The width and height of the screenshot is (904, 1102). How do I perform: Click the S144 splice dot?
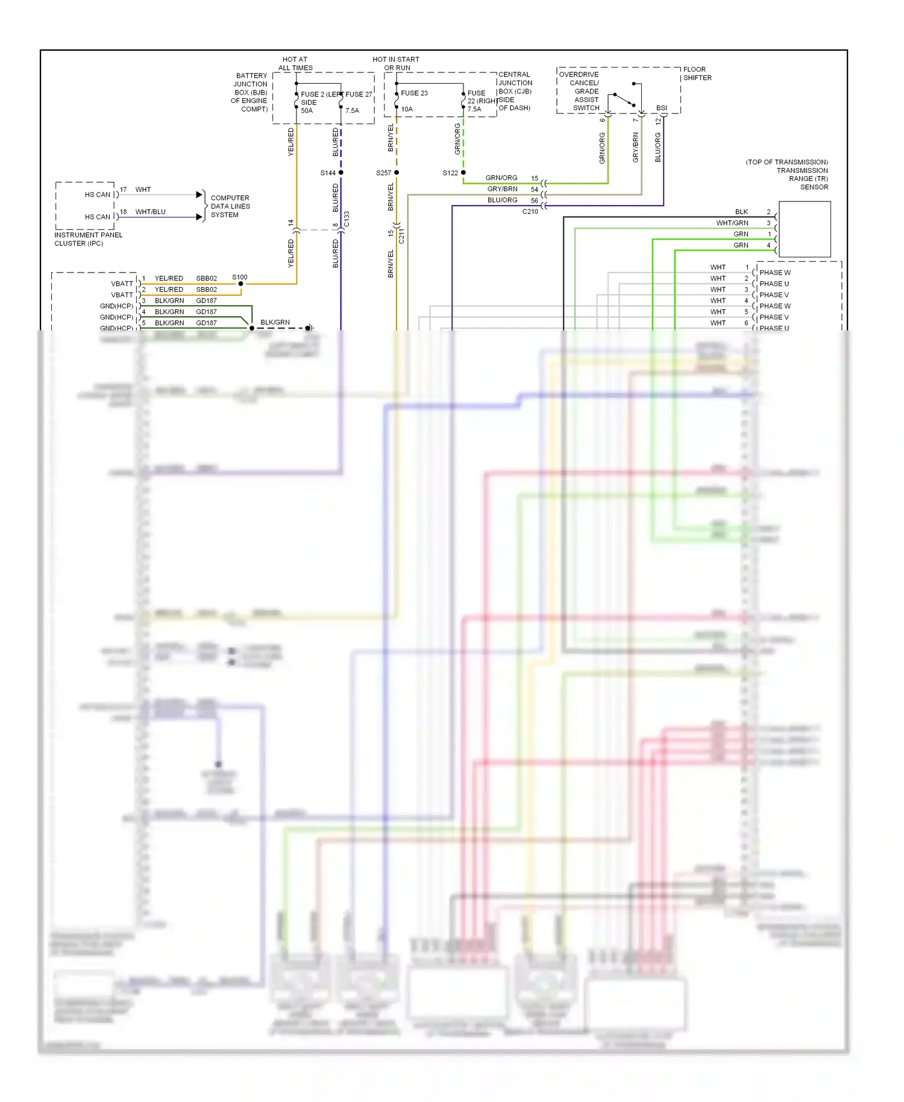point(341,172)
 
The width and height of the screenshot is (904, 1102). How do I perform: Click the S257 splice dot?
point(397,172)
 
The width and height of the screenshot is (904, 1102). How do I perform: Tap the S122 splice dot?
point(463,172)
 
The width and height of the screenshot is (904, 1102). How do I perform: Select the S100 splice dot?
point(241,283)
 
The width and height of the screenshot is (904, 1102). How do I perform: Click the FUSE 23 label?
point(414,93)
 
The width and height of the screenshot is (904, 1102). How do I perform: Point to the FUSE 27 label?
point(359,95)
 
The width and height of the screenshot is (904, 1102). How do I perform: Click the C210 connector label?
point(530,212)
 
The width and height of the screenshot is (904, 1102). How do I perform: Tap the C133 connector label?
point(347,219)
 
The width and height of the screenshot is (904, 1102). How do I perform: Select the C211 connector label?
point(402,236)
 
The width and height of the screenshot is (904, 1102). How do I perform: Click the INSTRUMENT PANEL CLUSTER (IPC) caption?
point(88,239)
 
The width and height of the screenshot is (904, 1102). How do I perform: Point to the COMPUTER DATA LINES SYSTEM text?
point(230,206)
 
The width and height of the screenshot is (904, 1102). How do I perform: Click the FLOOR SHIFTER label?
point(697,74)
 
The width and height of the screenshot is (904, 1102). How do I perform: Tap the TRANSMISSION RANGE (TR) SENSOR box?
point(805,229)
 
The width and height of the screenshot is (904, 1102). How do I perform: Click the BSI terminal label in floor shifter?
point(662,109)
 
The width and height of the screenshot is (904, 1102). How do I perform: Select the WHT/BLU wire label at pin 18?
point(150,212)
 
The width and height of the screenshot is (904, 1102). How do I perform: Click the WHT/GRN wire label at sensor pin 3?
point(732,223)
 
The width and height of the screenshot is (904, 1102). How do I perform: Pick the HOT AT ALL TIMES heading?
point(295,64)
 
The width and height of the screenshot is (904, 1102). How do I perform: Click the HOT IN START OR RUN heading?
point(396,64)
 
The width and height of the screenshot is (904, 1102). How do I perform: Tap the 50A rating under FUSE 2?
point(307,111)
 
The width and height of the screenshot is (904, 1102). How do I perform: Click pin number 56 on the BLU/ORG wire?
point(535,201)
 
